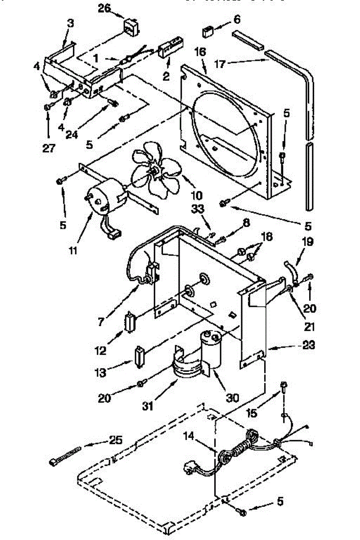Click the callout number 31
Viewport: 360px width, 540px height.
click(x=148, y=406)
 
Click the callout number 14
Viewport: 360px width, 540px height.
click(x=189, y=435)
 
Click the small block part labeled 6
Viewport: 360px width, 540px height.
click(x=208, y=32)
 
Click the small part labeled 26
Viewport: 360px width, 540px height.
click(x=131, y=27)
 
